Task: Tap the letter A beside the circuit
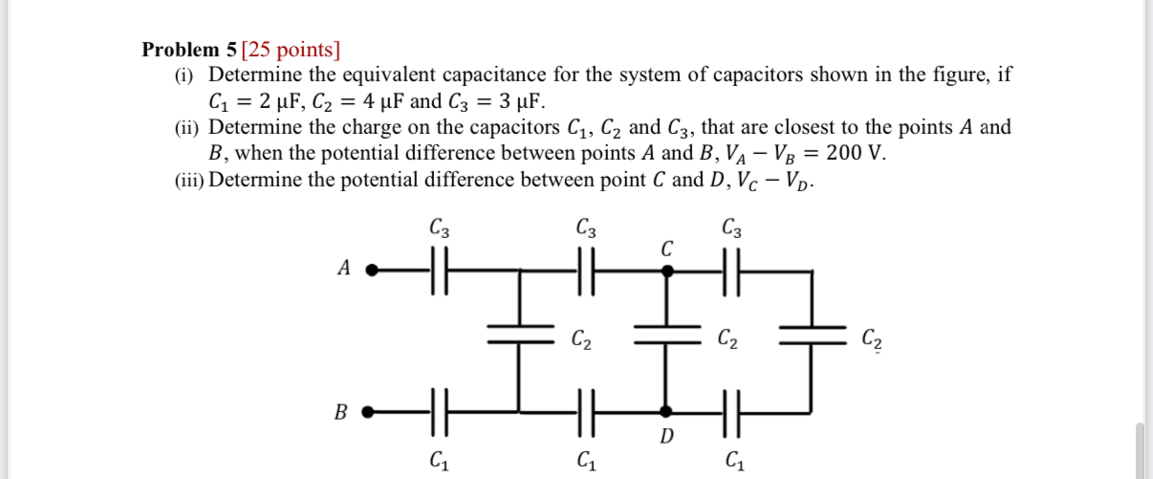(x=343, y=270)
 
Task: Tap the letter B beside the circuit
(x=340, y=413)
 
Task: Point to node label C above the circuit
(x=666, y=249)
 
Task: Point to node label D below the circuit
(x=667, y=438)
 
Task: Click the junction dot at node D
(x=667, y=413)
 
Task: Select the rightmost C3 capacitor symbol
(x=732, y=271)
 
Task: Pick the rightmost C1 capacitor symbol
(x=732, y=413)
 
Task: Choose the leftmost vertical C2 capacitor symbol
(x=521, y=337)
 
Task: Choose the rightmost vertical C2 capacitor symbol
(x=813, y=337)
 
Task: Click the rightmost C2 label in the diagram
(x=871, y=337)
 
